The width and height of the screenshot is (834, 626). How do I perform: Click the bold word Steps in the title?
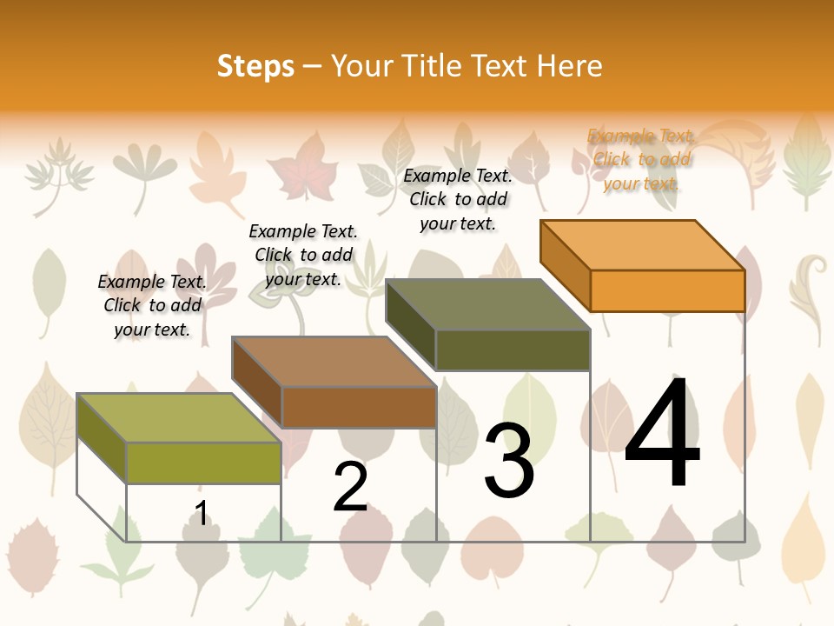255,66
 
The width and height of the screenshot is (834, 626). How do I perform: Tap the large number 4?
662,434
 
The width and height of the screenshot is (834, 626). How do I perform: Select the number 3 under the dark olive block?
509,461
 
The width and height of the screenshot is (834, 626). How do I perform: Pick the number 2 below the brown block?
350,487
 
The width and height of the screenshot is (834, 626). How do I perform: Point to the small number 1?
201,513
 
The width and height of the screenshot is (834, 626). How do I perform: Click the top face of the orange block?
643,244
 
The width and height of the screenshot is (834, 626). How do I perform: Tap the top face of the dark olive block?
487,304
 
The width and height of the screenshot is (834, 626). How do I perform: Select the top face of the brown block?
334,362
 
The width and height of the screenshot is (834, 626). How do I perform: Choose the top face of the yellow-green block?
179,418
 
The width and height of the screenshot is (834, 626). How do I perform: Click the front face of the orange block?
667,290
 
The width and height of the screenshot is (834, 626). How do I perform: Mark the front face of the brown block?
359,407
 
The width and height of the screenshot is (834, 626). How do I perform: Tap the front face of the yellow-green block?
203,463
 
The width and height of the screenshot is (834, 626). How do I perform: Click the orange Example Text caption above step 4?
641,159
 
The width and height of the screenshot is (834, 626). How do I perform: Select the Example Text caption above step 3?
458,199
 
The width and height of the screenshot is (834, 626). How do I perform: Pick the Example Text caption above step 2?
303,255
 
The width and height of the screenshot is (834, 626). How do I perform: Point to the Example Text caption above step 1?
152,305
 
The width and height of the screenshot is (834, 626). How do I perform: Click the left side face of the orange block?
565,264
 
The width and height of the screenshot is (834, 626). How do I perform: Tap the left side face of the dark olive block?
410,323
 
